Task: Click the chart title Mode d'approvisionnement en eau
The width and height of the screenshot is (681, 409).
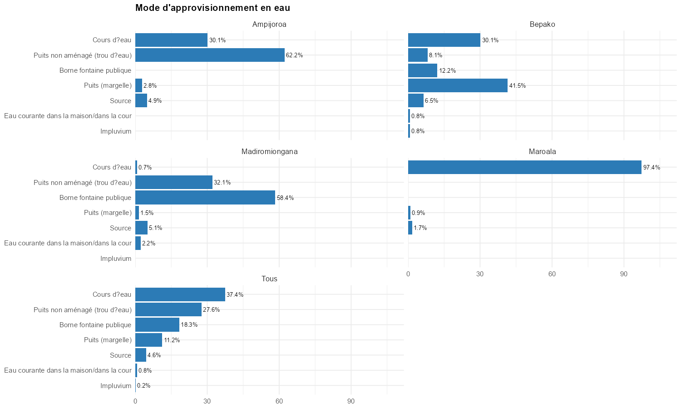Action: [212, 8]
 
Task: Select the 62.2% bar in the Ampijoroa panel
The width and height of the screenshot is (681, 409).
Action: [210, 55]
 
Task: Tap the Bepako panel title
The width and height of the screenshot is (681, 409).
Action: [542, 25]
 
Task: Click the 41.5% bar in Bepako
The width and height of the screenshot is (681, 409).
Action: [458, 85]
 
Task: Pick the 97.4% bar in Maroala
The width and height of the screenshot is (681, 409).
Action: [524, 167]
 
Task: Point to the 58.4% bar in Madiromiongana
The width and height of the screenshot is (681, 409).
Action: [205, 198]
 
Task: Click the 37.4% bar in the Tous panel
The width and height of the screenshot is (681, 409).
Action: [180, 294]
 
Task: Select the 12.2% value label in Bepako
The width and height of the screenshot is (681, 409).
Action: [447, 70]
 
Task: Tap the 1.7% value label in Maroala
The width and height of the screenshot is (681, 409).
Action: [420, 228]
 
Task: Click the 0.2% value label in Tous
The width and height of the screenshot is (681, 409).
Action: [143, 386]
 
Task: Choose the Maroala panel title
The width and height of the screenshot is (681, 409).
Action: [542, 152]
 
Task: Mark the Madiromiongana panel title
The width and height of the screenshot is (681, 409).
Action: [269, 152]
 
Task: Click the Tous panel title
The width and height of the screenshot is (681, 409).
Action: [269, 279]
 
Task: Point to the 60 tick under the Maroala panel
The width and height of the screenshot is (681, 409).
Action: [552, 274]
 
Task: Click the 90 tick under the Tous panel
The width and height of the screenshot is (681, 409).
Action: [351, 401]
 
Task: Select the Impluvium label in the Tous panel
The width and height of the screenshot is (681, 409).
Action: [116, 386]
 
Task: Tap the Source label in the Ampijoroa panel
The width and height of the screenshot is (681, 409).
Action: [120, 101]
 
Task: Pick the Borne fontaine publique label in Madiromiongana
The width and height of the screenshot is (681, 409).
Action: [95, 198]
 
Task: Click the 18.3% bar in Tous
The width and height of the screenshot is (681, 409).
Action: [157, 325]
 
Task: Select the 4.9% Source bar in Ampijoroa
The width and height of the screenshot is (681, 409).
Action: [141, 101]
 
